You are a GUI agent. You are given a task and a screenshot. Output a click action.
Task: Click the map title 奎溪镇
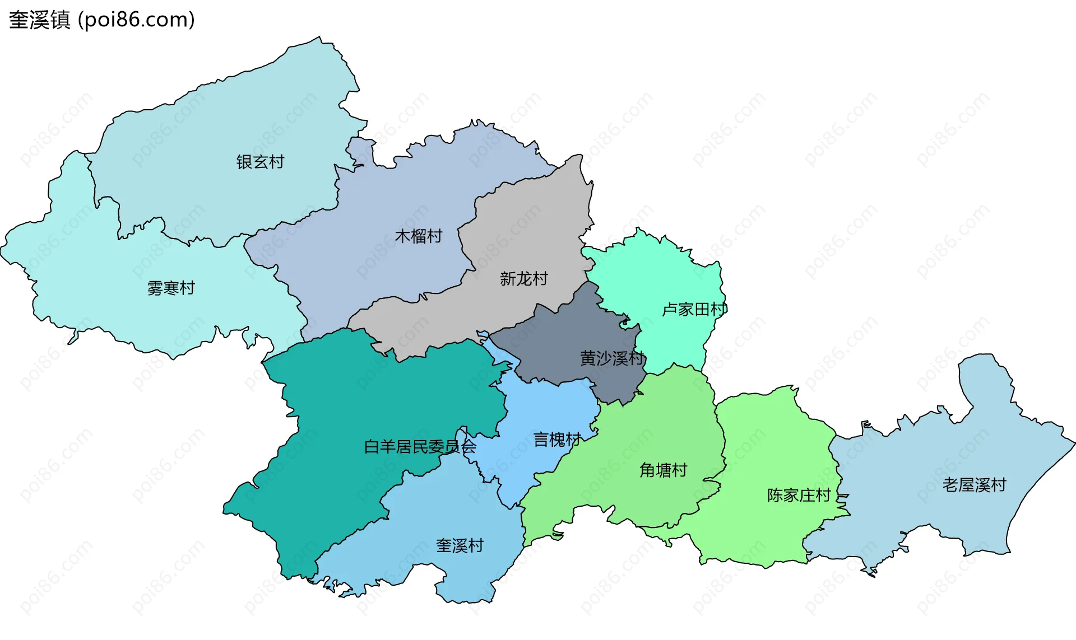pyautogui.click(x=39, y=20)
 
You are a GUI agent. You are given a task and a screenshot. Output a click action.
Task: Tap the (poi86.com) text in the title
pyautogui.click(x=136, y=20)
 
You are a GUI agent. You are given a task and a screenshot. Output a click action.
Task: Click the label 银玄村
pyautogui.click(x=260, y=162)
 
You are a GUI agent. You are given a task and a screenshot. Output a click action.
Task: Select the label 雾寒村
pyautogui.click(x=171, y=288)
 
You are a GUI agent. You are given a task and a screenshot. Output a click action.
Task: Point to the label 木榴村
pyautogui.click(x=419, y=236)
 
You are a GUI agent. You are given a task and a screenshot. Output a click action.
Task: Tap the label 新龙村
pyautogui.click(x=523, y=279)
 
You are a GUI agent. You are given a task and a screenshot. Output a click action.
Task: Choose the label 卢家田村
pyautogui.click(x=694, y=310)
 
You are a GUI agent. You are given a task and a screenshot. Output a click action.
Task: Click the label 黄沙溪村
pyautogui.click(x=613, y=358)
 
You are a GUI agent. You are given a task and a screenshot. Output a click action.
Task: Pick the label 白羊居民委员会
pyautogui.click(x=420, y=447)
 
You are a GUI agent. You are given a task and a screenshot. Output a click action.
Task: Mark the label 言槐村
pyautogui.click(x=557, y=440)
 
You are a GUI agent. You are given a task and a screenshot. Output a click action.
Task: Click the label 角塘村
pyautogui.click(x=663, y=470)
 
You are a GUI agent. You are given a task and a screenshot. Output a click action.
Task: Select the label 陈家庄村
pyautogui.click(x=799, y=496)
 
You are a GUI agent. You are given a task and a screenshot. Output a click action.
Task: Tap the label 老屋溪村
pyautogui.click(x=974, y=485)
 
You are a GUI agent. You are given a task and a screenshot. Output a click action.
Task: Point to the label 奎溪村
pyautogui.click(x=460, y=546)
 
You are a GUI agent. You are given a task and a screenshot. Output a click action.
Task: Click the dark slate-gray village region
pyautogui.click(x=566, y=336)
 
